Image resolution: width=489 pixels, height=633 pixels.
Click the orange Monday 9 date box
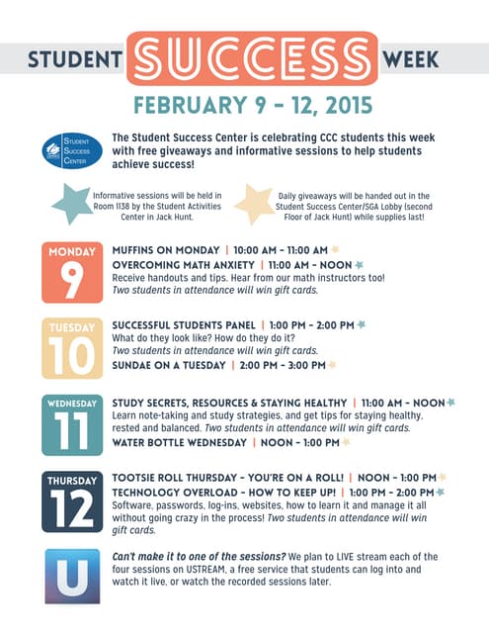coord(71,270)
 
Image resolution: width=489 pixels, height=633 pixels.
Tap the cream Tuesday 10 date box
coord(71,347)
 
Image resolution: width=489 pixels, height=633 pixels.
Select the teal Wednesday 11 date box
coord(71,424)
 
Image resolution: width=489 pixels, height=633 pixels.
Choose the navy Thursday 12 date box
coord(71,502)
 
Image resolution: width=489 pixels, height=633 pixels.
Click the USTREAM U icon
coord(71,576)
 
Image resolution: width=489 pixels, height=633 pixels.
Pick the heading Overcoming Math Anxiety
coord(183,265)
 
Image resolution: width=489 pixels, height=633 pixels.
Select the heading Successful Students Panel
coord(183,324)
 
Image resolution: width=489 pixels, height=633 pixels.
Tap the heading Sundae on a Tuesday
coord(167,365)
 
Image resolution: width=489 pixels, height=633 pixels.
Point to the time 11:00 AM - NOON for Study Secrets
coord(402,404)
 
